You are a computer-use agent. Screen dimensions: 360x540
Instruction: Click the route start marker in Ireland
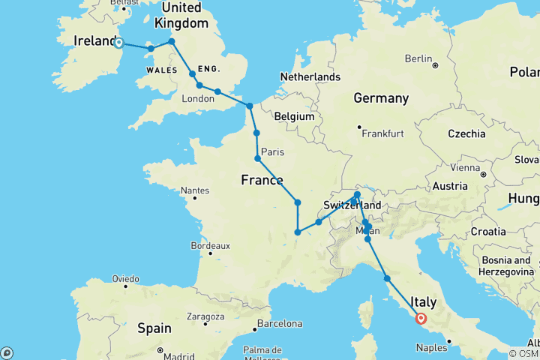point(119,43)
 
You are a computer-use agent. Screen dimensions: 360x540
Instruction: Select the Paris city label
point(273,152)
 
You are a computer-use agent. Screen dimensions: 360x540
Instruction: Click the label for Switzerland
point(352,205)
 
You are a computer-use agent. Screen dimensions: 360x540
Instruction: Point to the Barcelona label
point(278,325)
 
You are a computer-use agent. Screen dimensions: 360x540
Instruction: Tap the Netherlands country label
point(310,77)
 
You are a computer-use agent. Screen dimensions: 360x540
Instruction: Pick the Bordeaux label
point(209,245)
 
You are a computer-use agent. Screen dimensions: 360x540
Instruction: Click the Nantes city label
point(194,191)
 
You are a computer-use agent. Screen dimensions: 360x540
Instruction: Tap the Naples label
point(433,349)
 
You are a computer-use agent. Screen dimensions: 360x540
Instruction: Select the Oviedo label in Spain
point(125,278)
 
